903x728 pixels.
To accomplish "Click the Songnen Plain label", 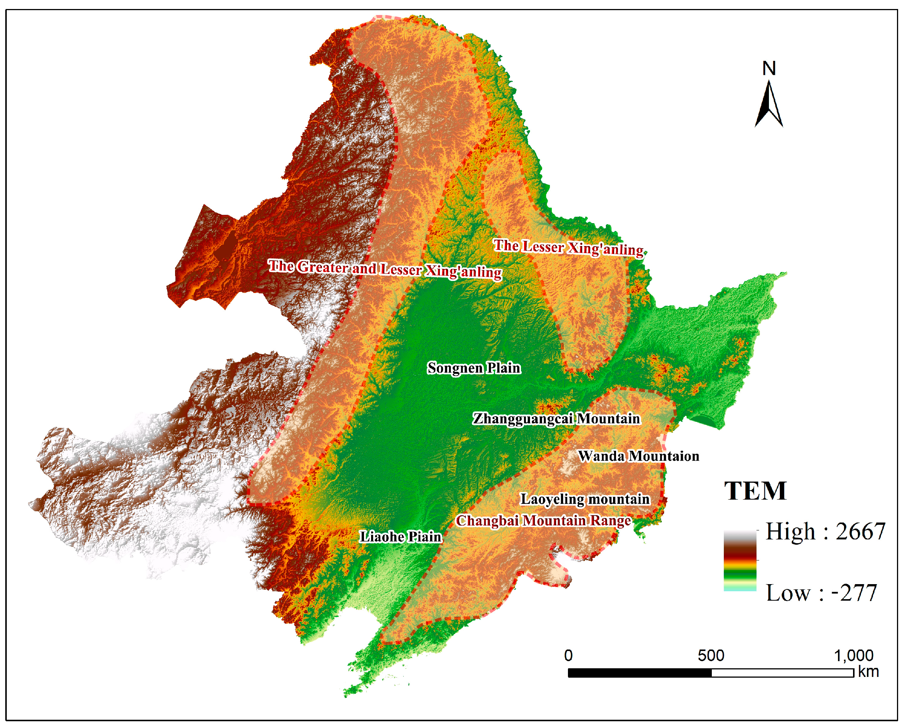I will click(x=474, y=368).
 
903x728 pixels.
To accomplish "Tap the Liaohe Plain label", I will click(x=401, y=536).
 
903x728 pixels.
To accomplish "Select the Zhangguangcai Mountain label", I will click(x=556, y=418).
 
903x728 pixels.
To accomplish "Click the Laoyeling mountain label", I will click(x=585, y=499).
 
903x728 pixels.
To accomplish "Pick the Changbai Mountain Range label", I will click(x=543, y=520).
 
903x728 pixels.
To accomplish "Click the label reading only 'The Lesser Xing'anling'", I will click(x=568, y=248).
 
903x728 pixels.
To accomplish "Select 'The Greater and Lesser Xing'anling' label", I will click(x=385, y=269).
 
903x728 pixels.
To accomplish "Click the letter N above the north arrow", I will click(x=769, y=68).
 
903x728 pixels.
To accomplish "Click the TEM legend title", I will click(x=755, y=491).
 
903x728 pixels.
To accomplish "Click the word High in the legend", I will click(x=791, y=531).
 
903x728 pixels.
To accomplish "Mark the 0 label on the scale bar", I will click(x=568, y=655).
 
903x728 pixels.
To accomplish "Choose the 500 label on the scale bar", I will click(x=711, y=655).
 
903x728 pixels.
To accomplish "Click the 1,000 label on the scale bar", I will click(x=853, y=655).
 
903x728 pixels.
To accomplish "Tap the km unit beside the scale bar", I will click(x=868, y=672).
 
